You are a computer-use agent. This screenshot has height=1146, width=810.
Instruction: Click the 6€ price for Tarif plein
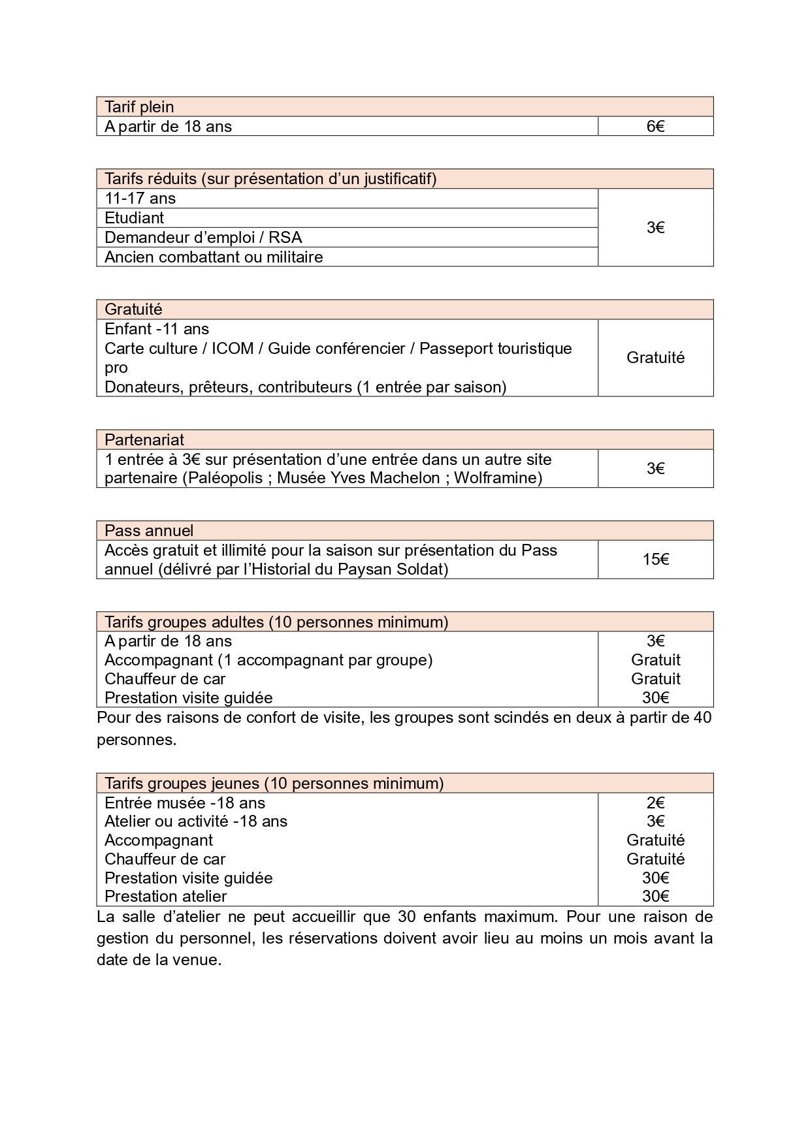pos(655,127)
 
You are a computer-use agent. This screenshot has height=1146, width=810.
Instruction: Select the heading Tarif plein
pos(139,107)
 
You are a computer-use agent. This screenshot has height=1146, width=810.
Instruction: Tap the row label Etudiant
pos(134,218)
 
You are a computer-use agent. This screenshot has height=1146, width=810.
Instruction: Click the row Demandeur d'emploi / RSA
pos(203,238)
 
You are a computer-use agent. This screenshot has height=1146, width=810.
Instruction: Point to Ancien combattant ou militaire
pos(214,257)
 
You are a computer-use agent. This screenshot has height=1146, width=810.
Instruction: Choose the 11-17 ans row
pos(140,199)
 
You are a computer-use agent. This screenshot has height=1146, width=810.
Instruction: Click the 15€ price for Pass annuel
pos(655,560)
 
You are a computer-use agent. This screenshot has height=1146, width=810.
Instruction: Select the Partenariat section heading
pos(144,440)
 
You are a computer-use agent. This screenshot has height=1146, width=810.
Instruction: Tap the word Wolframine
pos(498,478)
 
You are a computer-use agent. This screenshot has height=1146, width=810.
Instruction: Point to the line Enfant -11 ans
pos(157,329)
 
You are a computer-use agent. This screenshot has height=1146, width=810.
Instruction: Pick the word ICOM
pos(232,349)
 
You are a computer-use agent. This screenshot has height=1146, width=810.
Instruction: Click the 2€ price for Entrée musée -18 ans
pos(655,803)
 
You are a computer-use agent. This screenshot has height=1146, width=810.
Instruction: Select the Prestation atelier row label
pos(165,897)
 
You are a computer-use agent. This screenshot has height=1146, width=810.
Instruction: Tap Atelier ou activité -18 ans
pos(196,821)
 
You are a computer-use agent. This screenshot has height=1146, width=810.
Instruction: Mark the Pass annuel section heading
pos(149,531)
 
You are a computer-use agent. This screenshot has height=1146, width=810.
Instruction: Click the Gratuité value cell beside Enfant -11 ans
pos(655,358)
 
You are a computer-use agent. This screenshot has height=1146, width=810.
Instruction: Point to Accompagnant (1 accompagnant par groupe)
pos(268,660)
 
